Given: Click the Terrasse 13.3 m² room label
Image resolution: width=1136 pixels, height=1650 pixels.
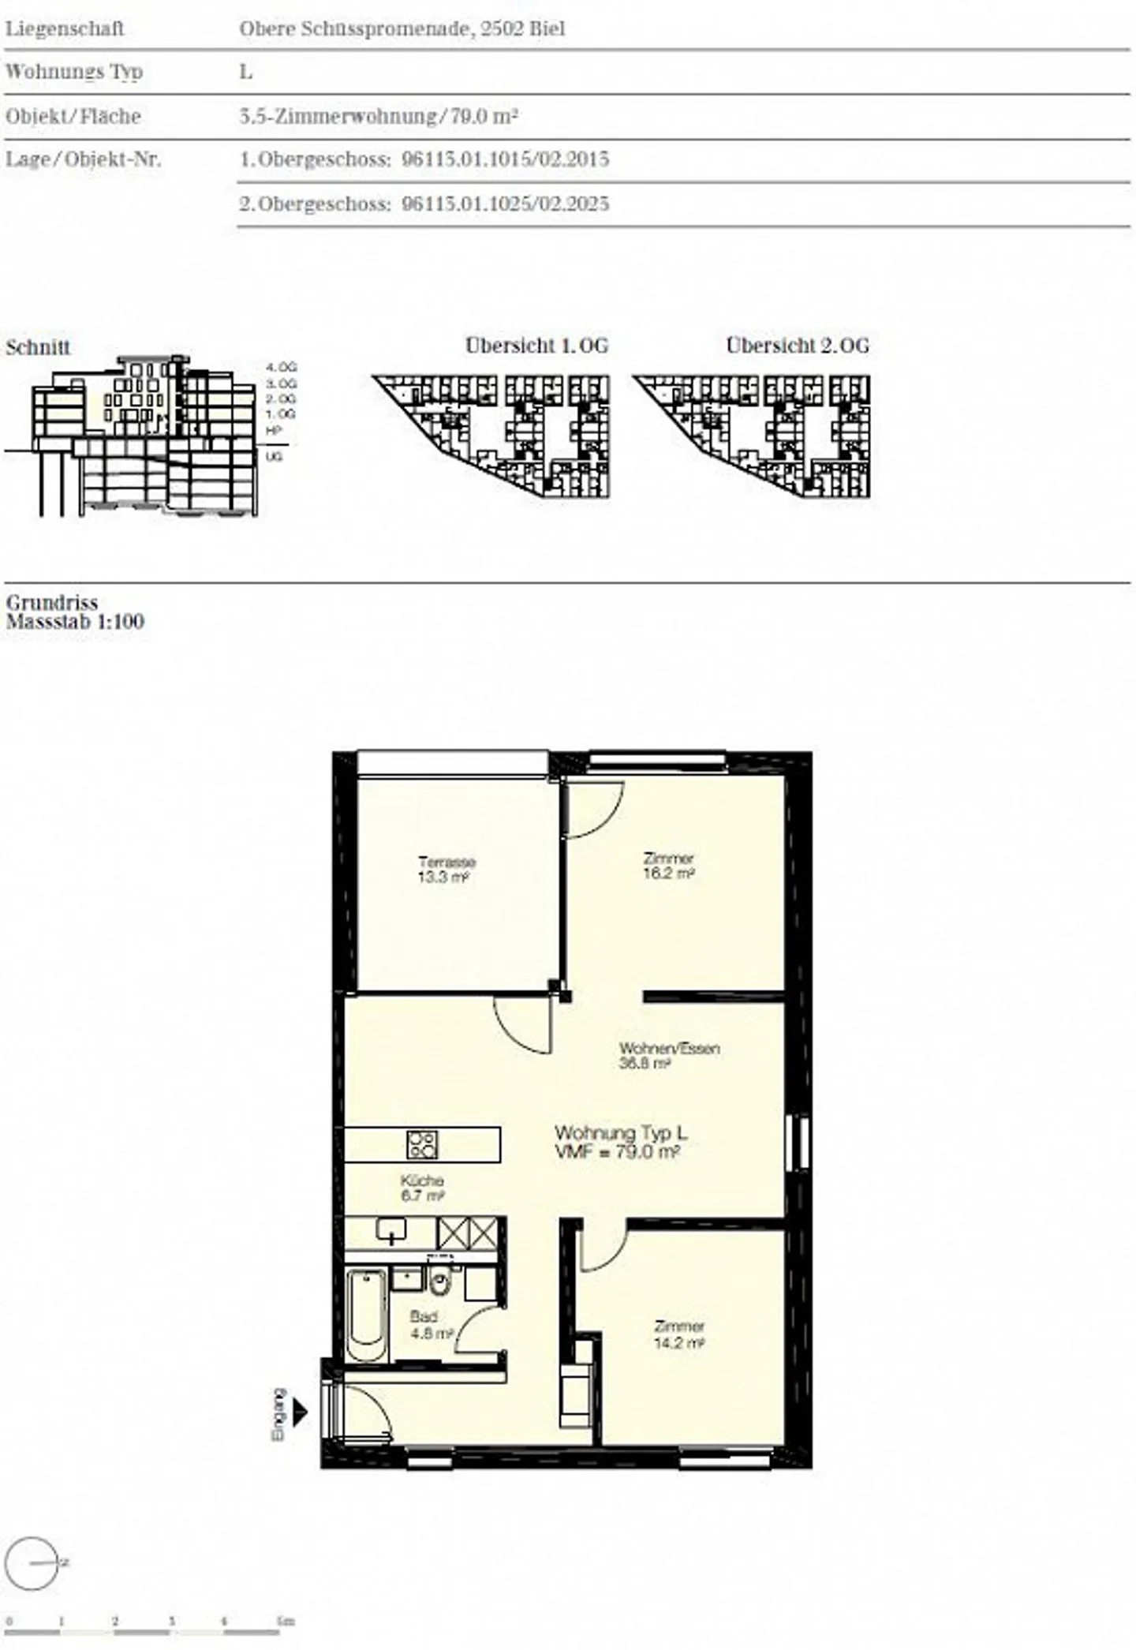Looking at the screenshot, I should tap(447, 869).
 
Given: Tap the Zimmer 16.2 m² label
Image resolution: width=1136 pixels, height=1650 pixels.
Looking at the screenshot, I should tap(668, 866).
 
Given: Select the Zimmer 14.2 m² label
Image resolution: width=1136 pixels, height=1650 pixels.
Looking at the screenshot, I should tap(678, 1334).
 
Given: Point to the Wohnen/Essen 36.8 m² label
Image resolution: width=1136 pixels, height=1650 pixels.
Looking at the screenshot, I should tap(669, 1056).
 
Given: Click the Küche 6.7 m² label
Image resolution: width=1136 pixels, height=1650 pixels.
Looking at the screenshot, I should tap(422, 1188).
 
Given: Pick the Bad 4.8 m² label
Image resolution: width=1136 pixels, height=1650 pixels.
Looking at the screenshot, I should tap(429, 1325).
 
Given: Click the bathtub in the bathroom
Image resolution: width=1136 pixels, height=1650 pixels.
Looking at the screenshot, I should tap(368, 1314).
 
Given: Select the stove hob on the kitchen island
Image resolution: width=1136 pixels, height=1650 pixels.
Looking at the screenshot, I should tap(422, 1144).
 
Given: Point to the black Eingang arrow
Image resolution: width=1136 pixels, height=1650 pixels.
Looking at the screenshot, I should tap(300, 1412).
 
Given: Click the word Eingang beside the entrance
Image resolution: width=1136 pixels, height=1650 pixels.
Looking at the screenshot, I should tap(278, 1415).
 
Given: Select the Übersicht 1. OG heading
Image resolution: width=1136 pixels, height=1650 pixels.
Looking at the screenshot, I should tap(536, 346).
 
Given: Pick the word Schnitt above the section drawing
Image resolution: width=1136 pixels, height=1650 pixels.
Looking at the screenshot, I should tap(38, 347).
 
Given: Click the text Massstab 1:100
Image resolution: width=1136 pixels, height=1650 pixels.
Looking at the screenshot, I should tap(76, 622).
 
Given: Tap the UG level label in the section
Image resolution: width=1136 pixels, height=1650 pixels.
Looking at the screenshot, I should tap(274, 457).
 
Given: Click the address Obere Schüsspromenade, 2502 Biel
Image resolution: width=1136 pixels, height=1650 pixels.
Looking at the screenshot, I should tap(402, 29).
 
